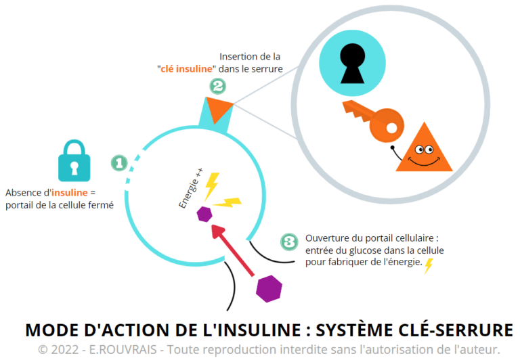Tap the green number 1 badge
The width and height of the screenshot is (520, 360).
click(118, 163)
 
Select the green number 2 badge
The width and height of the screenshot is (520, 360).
click(217, 86)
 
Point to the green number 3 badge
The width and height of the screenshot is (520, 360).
click(288, 242)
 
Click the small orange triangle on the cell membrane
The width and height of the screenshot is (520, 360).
click(218, 108)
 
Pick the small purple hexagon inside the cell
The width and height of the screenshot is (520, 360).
click(203, 215)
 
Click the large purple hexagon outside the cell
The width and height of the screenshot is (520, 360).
click(269, 288)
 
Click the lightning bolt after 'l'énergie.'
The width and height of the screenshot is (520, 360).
click(429, 266)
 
